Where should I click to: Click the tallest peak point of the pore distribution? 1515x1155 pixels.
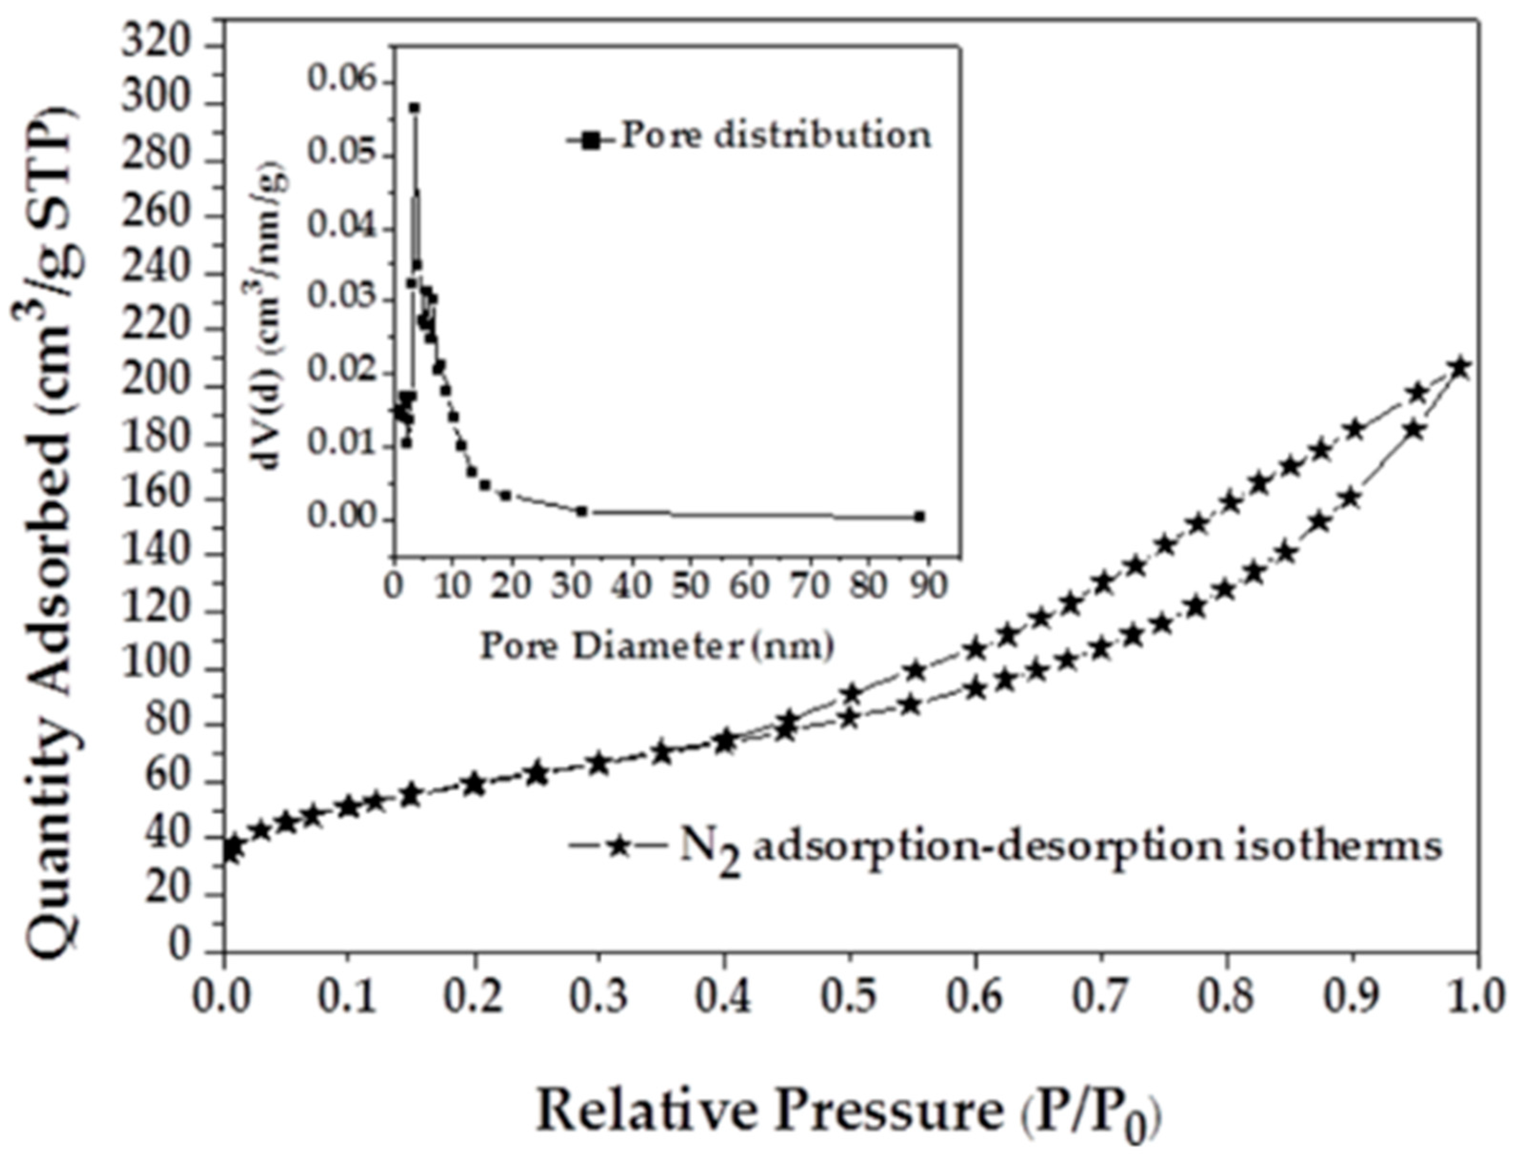(x=415, y=108)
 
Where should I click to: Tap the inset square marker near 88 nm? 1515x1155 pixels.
(x=920, y=516)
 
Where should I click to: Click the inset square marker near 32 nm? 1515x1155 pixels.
(x=581, y=511)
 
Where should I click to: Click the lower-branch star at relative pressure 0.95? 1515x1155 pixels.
(x=1415, y=430)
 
